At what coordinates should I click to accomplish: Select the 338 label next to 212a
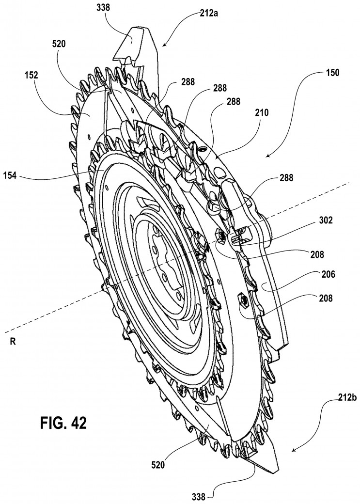(x=103, y=8)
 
